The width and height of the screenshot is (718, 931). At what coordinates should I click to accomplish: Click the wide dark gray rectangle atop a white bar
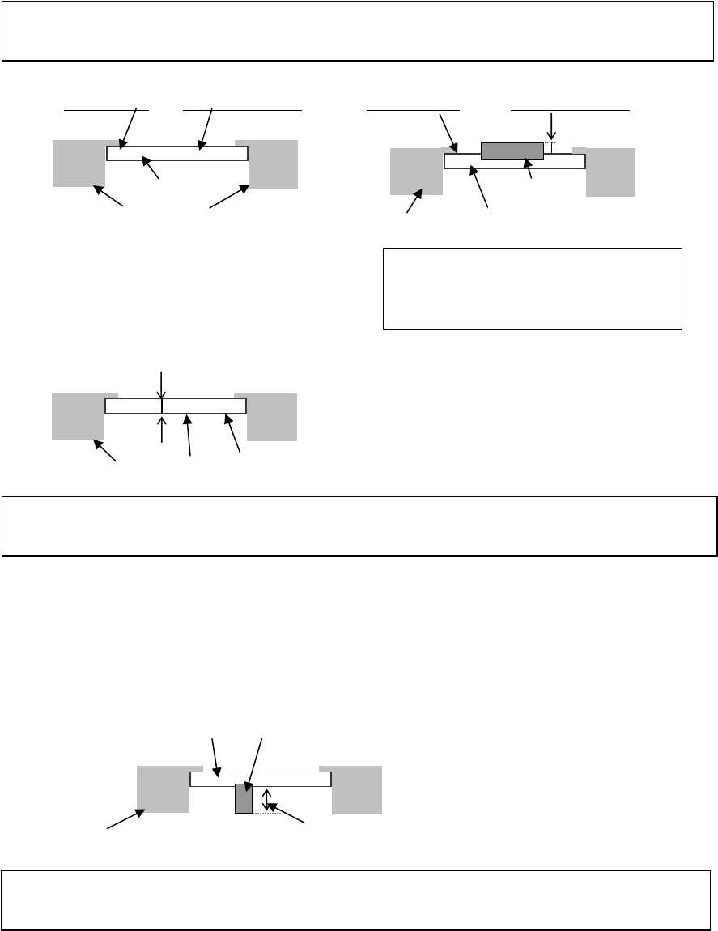512,150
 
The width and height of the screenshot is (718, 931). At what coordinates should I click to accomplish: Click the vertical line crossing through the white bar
163,406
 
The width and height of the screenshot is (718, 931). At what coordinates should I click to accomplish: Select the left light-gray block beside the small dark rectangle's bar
163,789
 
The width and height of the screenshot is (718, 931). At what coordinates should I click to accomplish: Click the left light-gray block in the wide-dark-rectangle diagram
416,172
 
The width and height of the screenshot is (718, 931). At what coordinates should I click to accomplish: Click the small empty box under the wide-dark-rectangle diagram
532,289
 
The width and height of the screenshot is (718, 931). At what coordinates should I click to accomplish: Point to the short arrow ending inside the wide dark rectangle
530,168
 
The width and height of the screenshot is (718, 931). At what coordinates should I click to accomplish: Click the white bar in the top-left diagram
176,153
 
